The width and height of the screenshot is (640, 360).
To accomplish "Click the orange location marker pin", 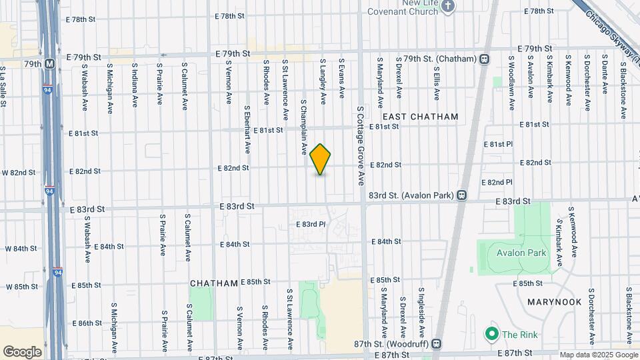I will click(321, 159).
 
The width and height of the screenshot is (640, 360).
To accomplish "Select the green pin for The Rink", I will click(491, 333).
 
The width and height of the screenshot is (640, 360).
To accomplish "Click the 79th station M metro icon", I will click(50, 64).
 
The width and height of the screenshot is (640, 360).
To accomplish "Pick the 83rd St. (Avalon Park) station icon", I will click(461, 195).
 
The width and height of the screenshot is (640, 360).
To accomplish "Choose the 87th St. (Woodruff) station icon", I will click(436, 344).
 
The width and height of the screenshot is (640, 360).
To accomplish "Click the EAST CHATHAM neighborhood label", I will click(420, 117).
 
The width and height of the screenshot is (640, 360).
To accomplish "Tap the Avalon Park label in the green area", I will click(521, 253).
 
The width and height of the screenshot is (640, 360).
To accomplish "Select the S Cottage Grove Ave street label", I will click(360, 145).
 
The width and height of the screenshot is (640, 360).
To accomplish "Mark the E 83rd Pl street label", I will click(311, 225).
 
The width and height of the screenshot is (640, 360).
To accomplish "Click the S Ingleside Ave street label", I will click(421, 313).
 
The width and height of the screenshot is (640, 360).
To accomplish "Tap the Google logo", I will click(22, 351).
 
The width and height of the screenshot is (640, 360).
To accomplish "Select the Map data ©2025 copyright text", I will click(598, 355).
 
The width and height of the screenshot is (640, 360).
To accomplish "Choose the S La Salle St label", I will click(3, 86).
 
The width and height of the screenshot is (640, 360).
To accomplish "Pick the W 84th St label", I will click(21, 249).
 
